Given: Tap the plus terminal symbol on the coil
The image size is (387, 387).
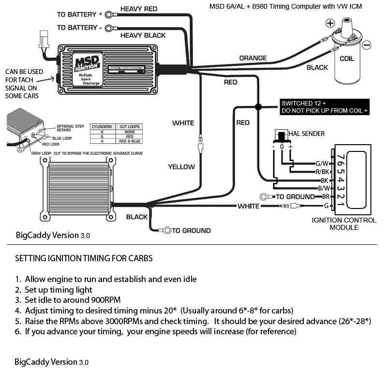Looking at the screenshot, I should pos(330,23).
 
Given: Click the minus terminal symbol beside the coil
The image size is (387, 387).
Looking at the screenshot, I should pos(367,45).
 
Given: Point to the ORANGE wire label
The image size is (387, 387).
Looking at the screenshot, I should pos(253,58).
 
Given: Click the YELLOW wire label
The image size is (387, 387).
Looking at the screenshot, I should pos(181,167).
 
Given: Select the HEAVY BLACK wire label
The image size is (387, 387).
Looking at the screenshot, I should pos(143,35).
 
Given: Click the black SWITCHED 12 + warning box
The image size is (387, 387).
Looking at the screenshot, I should pos(324,107).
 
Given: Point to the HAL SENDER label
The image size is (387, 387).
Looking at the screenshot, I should pos(306,134).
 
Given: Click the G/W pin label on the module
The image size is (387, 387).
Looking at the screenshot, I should pos(322,164).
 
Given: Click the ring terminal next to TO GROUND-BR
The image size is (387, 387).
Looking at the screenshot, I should pos(265,197).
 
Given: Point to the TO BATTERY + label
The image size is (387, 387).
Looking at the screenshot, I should pos(80,15).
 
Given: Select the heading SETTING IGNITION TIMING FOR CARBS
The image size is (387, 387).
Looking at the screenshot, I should pos(84,258).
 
